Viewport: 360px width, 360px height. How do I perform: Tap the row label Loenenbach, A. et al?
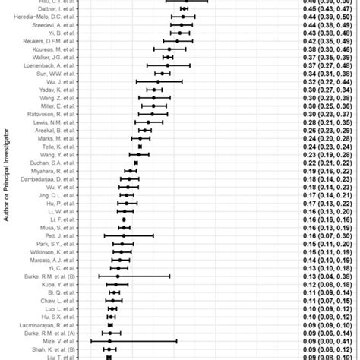[52, 65]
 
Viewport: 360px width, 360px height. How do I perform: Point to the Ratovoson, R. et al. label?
[54, 114]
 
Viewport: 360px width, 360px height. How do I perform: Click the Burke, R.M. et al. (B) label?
[49, 276]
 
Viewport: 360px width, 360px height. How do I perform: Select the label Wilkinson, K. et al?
[55, 252]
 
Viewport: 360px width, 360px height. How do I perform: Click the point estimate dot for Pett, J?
[123, 236]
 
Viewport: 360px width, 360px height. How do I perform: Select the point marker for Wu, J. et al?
[158, 81]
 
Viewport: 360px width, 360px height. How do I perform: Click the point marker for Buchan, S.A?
[136, 163]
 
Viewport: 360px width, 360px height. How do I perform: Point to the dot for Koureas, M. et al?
[169, 49]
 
